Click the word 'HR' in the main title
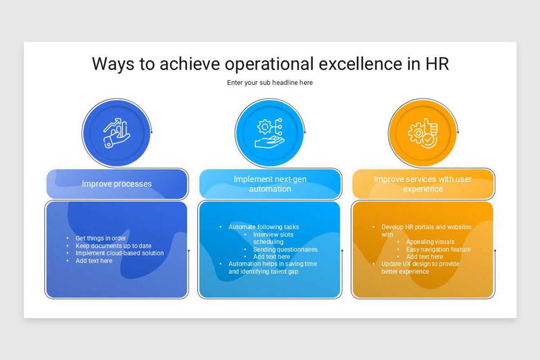pos(437,64)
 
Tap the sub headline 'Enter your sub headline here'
pos(270,83)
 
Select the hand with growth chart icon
pos(116,133)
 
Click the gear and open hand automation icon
pos(270,133)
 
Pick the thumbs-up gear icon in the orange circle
pos(423,133)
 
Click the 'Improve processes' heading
pos(117,184)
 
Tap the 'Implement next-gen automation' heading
pos(270,184)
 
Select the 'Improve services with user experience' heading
pos(423,184)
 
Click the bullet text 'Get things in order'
pos(101,238)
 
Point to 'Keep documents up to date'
pos(113,246)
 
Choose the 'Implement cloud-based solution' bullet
pos(120,253)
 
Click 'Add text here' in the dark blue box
pos(94,261)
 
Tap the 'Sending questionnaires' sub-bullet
pos(285,249)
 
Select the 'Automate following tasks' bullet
pos(264,227)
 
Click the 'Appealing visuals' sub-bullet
pos(430,242)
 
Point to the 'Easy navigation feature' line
pos(438,249)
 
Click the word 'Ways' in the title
pos(113,64)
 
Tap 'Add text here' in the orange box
pos(424,256)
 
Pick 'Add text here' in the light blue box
pos(271,256)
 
